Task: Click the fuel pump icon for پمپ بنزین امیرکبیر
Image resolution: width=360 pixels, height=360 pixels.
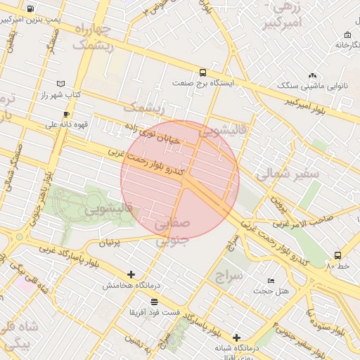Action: tap(31, 9)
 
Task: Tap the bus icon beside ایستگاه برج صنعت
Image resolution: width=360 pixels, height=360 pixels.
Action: tap(203, 72)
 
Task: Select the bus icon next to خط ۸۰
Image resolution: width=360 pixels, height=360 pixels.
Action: tap(338, 255)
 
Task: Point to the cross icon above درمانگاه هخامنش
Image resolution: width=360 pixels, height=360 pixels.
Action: tap(131, 274)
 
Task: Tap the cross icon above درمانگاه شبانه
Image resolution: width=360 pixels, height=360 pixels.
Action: tap(236, 337)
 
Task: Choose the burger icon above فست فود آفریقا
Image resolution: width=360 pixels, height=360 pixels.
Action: tap(154, 301)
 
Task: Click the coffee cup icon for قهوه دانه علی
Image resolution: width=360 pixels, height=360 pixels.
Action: tap(66, 113)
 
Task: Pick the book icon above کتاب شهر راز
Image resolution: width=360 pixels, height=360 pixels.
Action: tap(60, 83)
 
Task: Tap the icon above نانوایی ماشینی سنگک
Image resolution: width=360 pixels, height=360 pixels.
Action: tap(312, 75)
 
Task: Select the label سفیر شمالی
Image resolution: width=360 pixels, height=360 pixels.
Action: tap(288, 173)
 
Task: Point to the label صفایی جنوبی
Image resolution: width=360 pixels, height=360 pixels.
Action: tap(172, 231)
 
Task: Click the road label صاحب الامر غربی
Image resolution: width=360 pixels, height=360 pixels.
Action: tap(297, 223)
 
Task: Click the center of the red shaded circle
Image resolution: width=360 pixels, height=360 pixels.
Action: tap(180, 180)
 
